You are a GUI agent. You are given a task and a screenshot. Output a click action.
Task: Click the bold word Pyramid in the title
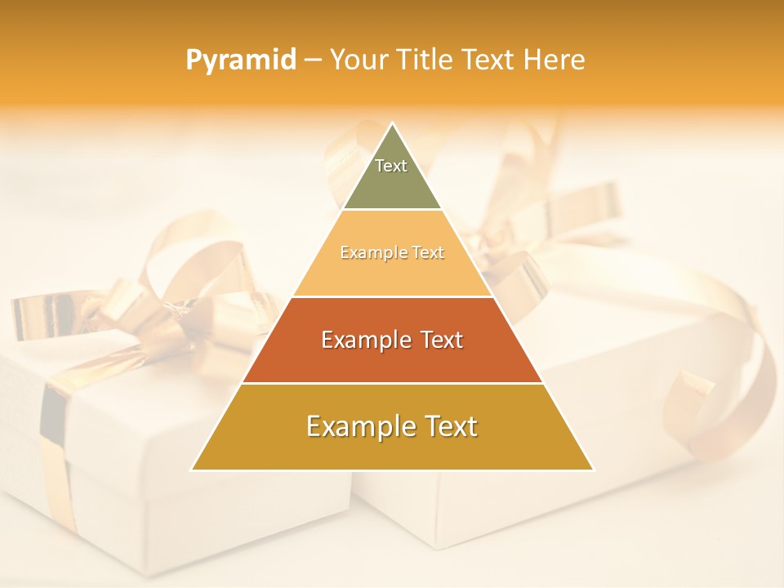(240, 60)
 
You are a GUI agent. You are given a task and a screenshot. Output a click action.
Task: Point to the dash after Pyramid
(312, 60)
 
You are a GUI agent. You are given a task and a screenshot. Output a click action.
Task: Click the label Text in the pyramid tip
(391, 166)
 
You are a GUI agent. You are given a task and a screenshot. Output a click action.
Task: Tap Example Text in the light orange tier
(392, 252)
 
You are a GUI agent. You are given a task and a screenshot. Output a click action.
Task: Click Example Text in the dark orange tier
(392, 340)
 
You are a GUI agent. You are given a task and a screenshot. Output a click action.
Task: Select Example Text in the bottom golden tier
(392, 426)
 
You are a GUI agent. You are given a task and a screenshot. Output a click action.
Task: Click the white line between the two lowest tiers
(392, 383)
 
